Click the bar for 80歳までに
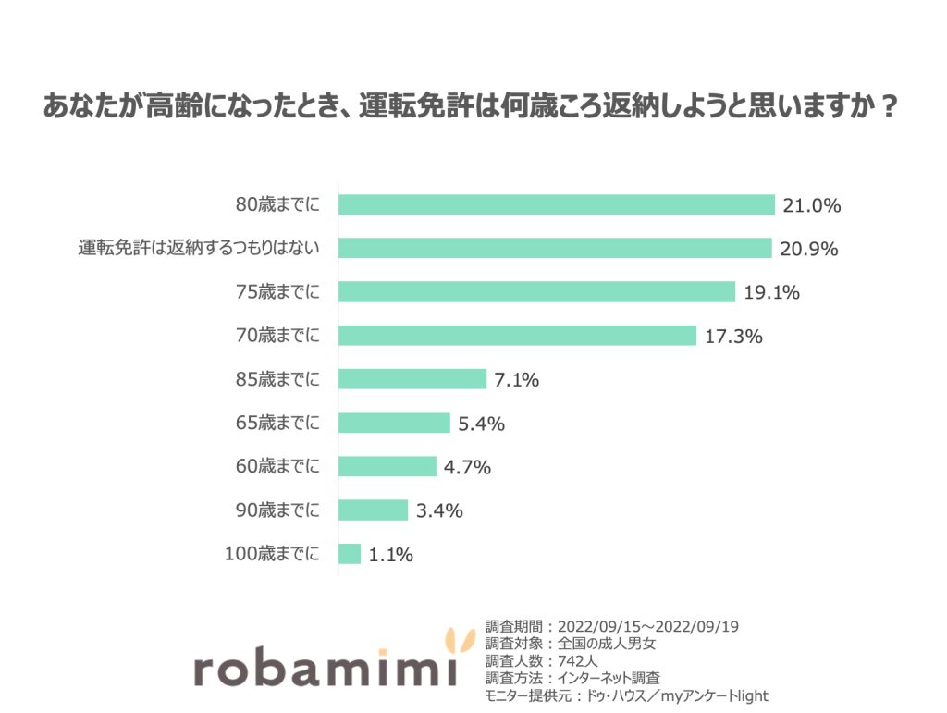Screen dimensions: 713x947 [x=556, y=205]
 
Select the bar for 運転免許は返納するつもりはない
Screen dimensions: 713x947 [x=555, y=249]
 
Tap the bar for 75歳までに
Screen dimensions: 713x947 [x=536, y=292]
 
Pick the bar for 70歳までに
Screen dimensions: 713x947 [x=517, y=336]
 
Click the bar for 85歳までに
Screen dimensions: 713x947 [x=412, y=379]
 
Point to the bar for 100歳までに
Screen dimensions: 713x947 [x=350, y=554]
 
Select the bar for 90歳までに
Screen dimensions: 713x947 [x=373, y=510]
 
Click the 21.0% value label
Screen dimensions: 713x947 [x=811, y=206]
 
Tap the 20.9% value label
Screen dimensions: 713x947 [x=808, y=250]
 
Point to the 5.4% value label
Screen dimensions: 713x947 [x=481, y=424]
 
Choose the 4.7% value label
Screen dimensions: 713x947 [x=467, y=468]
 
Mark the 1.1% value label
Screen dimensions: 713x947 [x=390, y=556]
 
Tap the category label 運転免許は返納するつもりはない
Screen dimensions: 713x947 [x=199, y=249]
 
